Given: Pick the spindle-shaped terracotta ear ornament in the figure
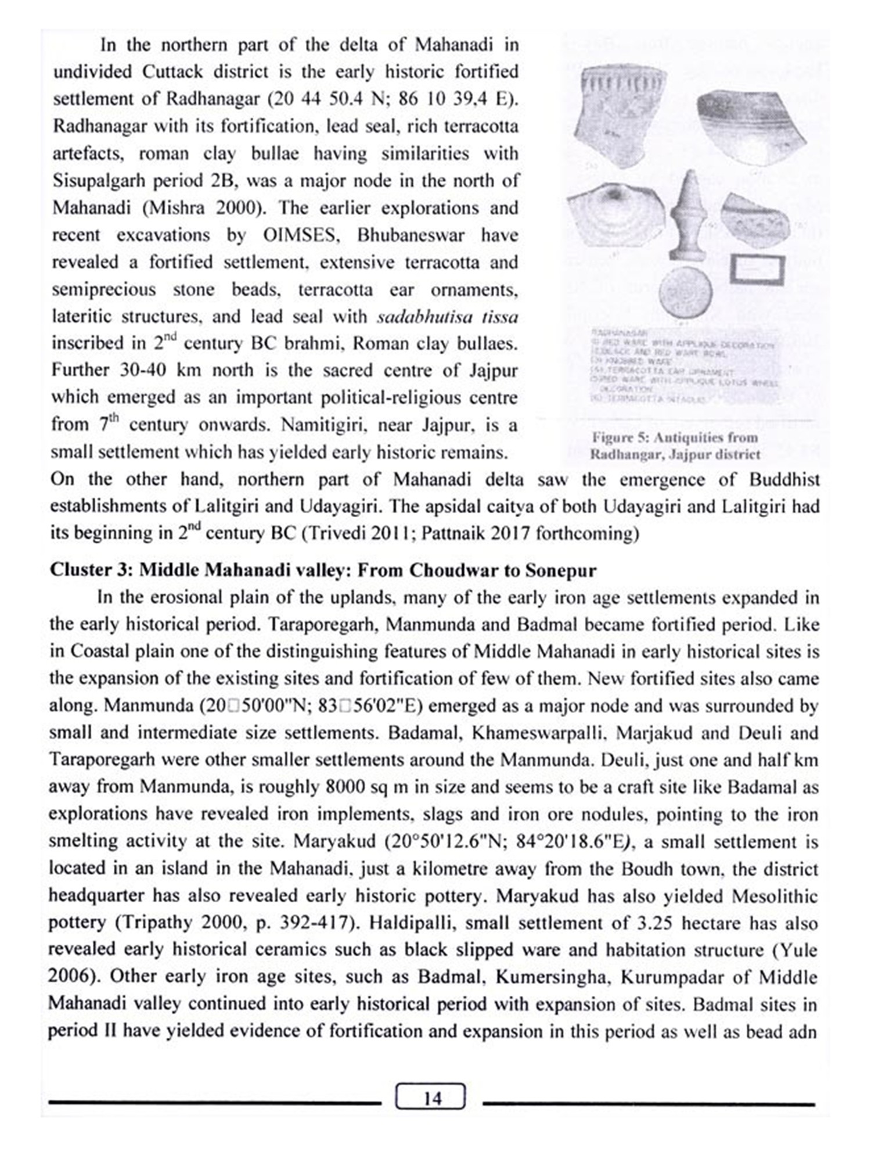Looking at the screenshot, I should [689, 215].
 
